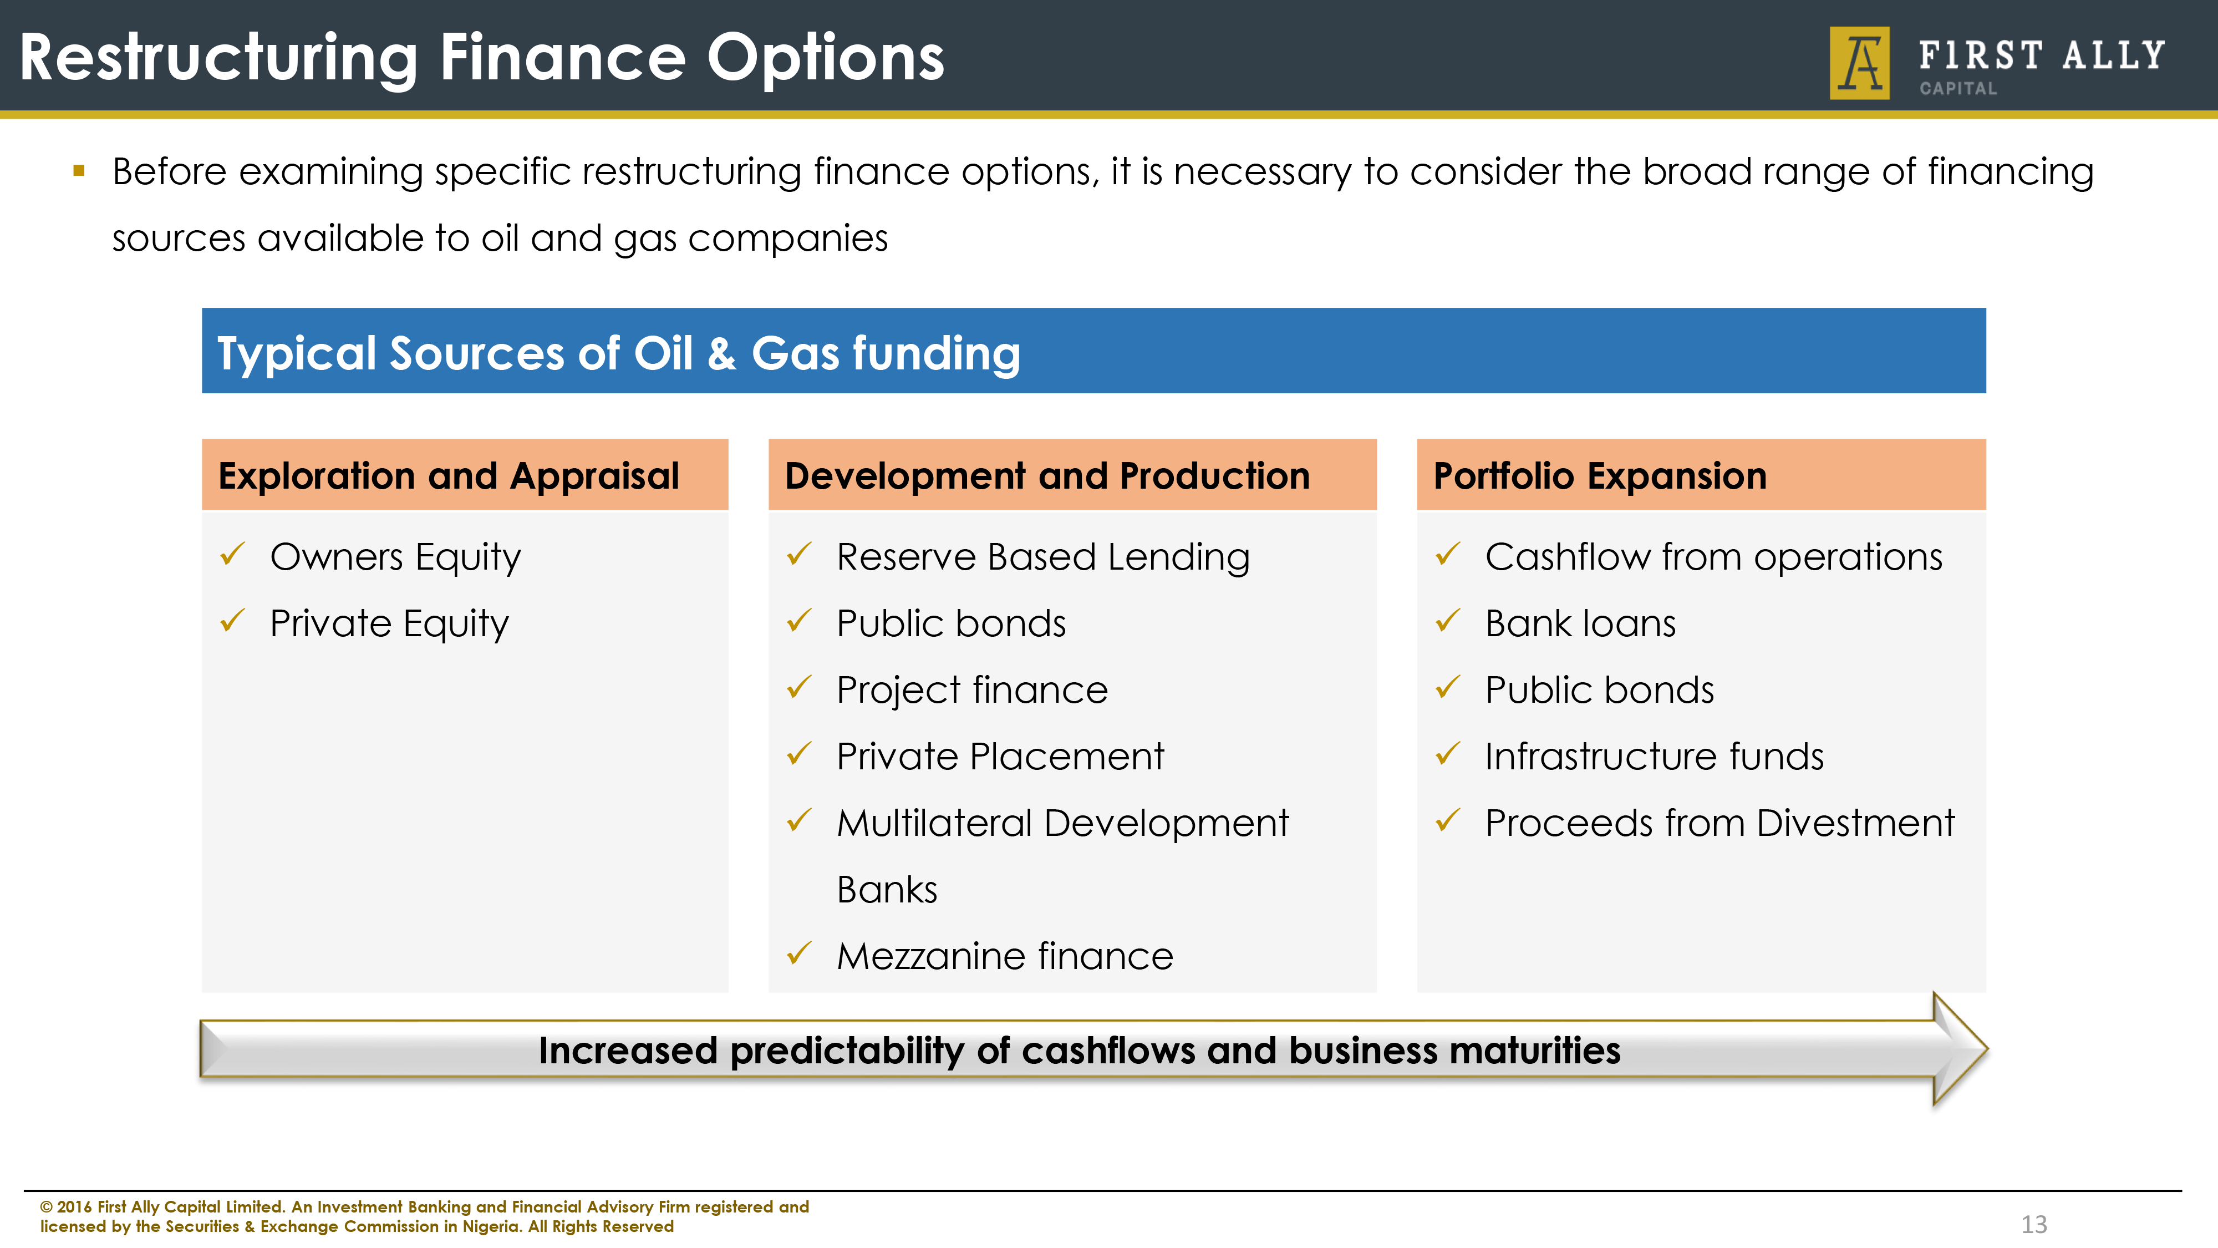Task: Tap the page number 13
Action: (2034, 1224)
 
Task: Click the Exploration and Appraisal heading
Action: (449, 475)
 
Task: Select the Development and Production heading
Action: (1047, 475)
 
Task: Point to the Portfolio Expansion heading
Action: (1600, 475)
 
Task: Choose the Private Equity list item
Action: (389, 623)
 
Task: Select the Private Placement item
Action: (1000, 756)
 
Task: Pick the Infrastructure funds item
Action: (1655, 756)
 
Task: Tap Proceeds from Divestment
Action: (1720, 823)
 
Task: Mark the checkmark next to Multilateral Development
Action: (799, 820)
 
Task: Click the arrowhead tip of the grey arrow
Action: (1987, 1049)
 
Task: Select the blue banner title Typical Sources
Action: (618, 353)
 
